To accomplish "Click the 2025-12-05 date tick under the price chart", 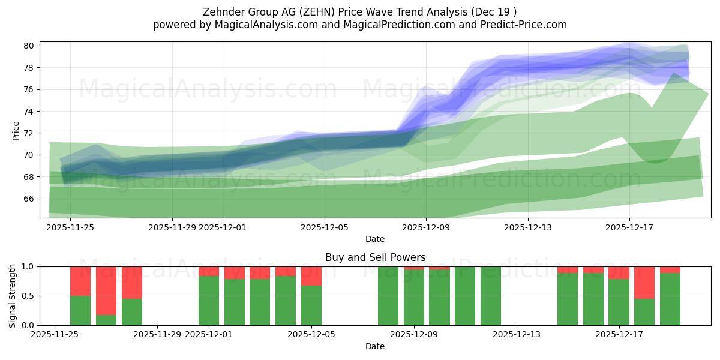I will coord(325,227).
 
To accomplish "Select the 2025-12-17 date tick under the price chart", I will coord(629,227).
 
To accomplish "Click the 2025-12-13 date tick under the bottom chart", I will coord(517,335).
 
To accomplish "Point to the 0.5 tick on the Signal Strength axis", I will coord(28,296).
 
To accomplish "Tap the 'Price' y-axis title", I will coord(16,130).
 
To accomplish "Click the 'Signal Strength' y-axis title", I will coord(13,296).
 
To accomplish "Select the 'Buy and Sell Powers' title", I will coord(375,257).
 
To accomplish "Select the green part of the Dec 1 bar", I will coord(209,300).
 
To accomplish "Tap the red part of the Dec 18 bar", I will coord(644,282).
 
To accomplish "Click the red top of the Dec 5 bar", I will coord(311,275).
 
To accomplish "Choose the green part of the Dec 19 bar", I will coord(670,300).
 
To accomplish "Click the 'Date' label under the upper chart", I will coord(375,239).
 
